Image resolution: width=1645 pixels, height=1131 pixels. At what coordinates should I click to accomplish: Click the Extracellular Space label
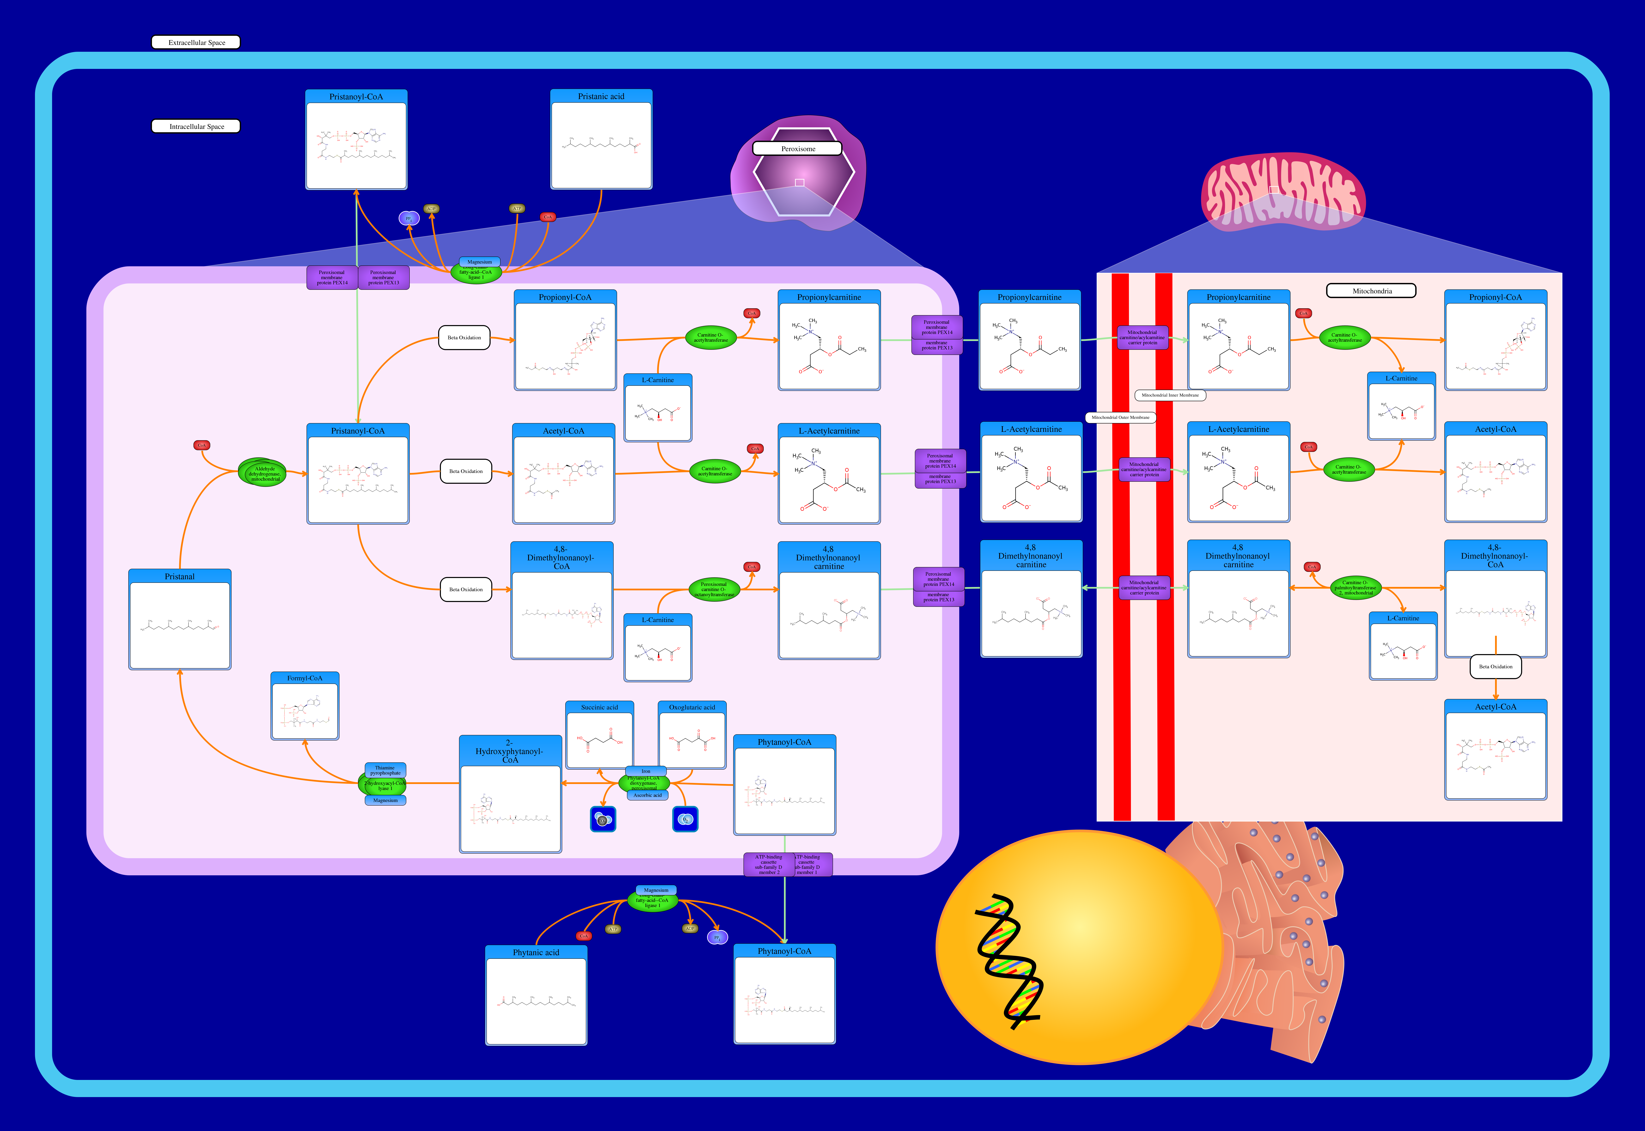point(196,42)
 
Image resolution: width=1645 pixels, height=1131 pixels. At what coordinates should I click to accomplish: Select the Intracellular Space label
point(196,126)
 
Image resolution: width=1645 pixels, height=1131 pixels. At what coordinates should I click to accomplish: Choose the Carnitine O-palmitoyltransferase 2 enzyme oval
point(1355,587)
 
